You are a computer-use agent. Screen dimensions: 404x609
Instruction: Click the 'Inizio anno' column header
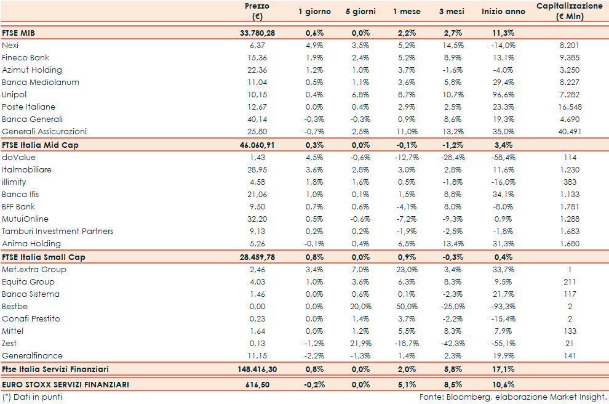coord(503,12)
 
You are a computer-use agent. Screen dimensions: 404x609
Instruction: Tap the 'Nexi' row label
coord(10,46)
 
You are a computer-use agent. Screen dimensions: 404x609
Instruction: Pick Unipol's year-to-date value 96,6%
coord(503,95)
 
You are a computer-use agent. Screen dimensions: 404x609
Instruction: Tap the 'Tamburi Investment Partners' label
coord(57,232)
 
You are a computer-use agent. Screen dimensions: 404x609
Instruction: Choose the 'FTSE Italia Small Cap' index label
coord(43,257)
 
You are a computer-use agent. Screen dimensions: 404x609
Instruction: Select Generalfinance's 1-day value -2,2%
coord(314,356)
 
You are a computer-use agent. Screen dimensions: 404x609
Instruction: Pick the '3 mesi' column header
coord(452,12)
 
